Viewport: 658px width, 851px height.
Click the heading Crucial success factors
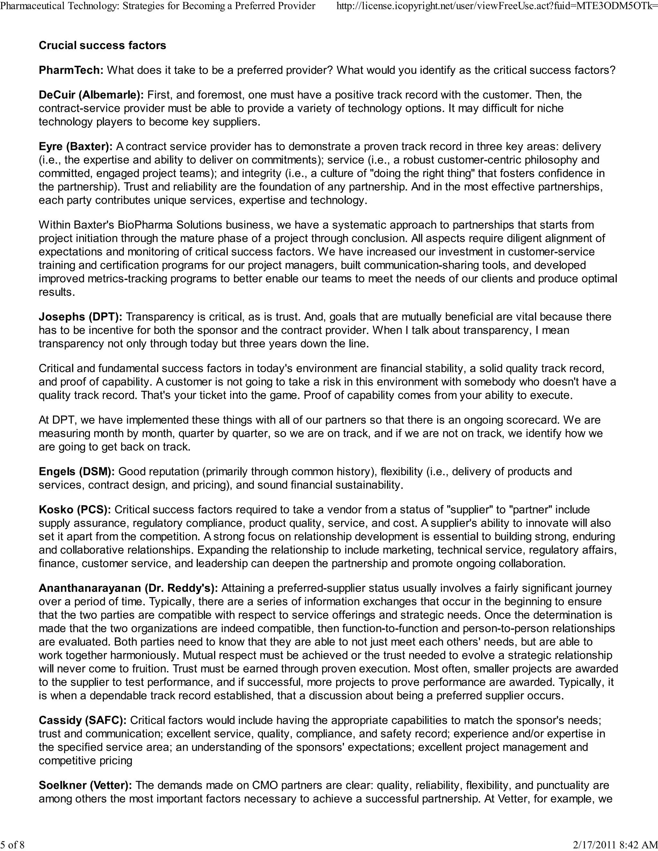102,46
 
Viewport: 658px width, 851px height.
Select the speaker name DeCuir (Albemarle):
91,95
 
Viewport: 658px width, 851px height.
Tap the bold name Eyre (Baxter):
76,146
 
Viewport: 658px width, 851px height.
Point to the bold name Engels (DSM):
76,471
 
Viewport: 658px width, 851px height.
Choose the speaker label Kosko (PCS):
75,510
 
